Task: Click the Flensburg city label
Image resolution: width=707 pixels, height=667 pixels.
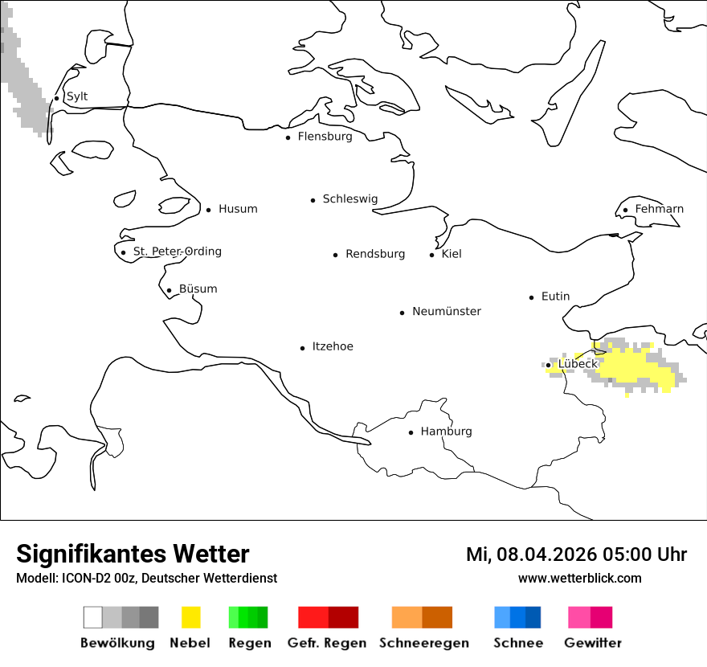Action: [x=325, y=137]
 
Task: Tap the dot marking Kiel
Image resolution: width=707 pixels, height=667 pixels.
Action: [x=432, y=255]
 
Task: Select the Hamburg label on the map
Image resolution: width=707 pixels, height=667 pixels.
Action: [x=446, y=432]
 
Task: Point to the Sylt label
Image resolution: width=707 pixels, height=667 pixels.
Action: [x=77, y=96]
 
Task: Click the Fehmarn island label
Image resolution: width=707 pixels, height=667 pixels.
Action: [x=659, y=209]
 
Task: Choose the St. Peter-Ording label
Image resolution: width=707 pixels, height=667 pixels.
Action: [x=177, y=252]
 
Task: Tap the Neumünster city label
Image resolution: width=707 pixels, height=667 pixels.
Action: [x=447, y=311]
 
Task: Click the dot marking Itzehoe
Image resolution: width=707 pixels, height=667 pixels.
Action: [x=303, y=348]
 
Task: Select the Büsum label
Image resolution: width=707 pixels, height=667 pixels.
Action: [x=198, y=288]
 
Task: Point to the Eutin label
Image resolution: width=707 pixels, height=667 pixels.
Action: [x=555, y=297]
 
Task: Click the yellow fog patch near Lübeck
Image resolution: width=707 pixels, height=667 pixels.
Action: [x=635, y=368]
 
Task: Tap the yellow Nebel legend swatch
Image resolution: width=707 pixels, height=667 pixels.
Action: [x=191, y=617]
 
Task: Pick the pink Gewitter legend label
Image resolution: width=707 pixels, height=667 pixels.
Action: [x=593, y=643]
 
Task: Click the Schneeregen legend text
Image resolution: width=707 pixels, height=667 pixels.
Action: [x=424, y=643]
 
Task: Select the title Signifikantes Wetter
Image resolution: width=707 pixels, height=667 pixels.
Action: [x=133, y=554]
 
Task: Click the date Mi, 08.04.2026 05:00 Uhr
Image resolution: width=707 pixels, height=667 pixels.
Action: [x=576, y=554]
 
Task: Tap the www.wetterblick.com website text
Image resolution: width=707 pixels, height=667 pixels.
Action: [x=579, y=579]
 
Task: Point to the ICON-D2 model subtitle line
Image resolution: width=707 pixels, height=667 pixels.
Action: [x=146, y=579]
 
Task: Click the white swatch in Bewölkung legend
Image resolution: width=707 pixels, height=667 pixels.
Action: [x=93, y=617]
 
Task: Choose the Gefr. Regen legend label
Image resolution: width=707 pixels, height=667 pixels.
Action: [x=327, y=643]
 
